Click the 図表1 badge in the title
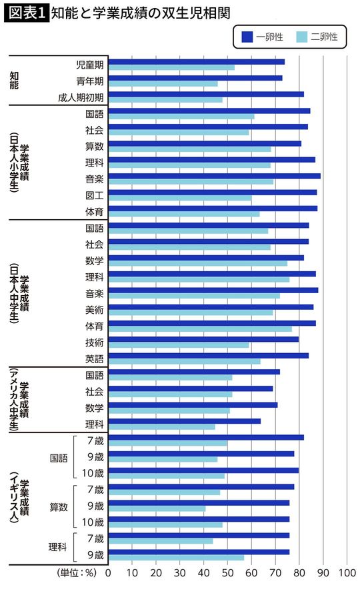(x=25, y=12)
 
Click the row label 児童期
(x=90, y=65)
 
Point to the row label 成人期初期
(x=81, y=97)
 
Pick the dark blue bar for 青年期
(x=195, y=78)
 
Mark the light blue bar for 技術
(x=178, y=345)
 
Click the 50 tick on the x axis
(x=227, y=572)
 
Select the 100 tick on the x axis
(x=347, y=572)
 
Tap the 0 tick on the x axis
(x=109, y=572)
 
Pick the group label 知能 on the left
(x=14, y=81)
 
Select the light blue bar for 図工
(x=179, y=198)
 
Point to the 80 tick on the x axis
(x=299, y=572)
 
